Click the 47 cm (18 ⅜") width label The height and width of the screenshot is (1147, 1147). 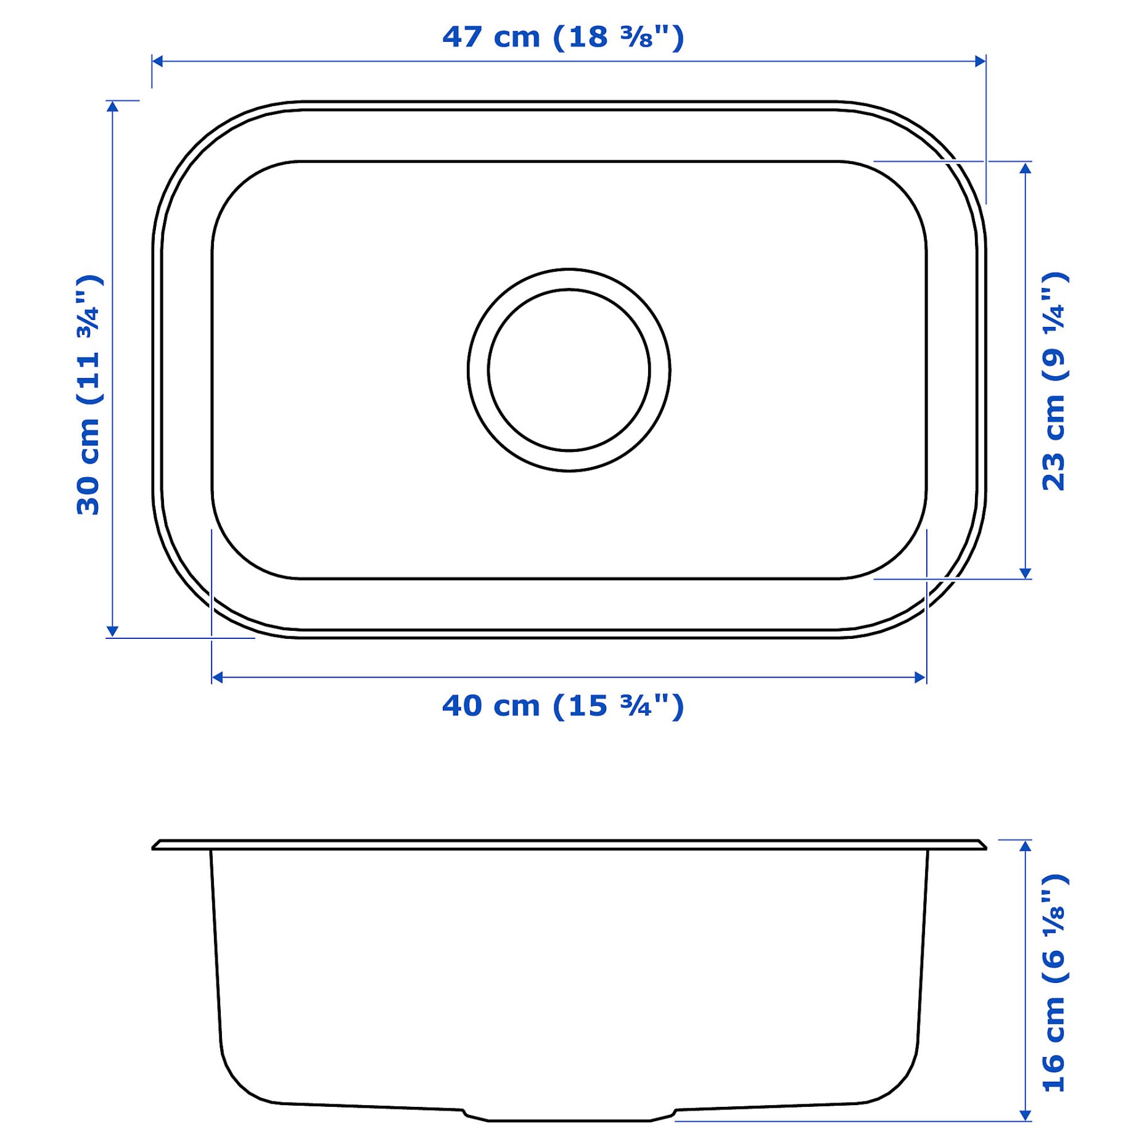click(563, 37)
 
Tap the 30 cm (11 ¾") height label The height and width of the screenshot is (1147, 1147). click(88, 395)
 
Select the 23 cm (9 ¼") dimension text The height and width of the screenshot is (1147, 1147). click(1054, 381)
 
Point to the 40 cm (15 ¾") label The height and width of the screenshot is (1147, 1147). click(563, 705)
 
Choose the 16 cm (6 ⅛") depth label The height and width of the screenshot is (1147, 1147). click(1054, 983)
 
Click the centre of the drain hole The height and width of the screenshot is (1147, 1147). click(569, 370)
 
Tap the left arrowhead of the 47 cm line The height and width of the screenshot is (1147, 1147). click(157, 61)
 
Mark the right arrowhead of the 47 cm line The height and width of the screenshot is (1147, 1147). click(980, 61)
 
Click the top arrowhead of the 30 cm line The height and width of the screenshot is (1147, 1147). click(112, 106)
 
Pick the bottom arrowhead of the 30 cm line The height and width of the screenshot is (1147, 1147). click(112, 631)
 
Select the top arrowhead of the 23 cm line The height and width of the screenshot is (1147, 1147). click(1026, 168)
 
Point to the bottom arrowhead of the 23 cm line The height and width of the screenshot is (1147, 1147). click(1026, 573)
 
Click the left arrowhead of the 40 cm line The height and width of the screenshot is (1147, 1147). click(217, 677)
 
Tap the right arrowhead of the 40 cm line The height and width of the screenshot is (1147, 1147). click(921, 677)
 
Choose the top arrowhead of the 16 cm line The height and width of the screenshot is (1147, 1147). click(1026, 845)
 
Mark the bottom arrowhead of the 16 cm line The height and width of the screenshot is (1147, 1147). click(1026, 1115)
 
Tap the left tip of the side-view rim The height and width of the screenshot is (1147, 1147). click(154, 847)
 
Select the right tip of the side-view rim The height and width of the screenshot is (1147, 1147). click(984, 847)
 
